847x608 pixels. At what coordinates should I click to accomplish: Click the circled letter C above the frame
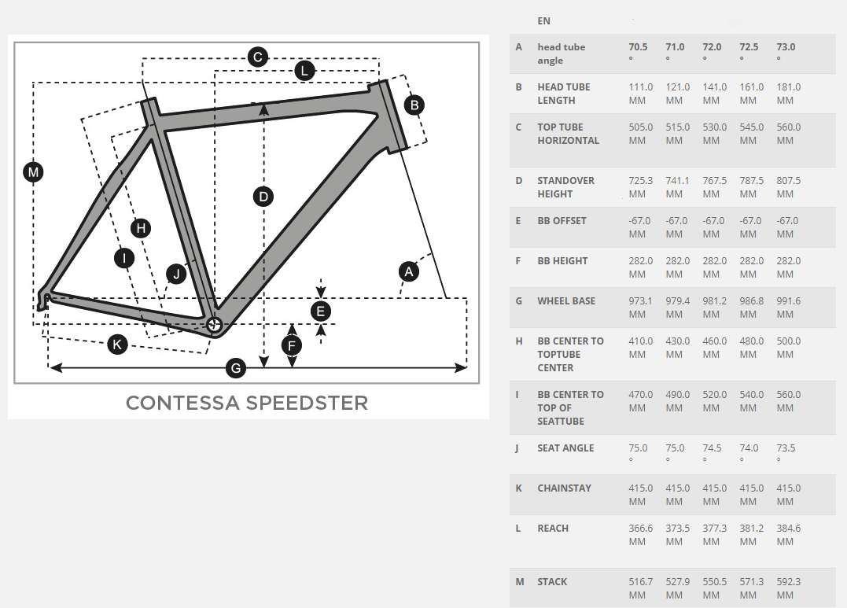click(258, 57)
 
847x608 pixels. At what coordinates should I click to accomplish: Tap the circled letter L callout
click(304, 71)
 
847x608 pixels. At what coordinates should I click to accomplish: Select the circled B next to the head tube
click(414, 105)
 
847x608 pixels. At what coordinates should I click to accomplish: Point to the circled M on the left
click(34, 172)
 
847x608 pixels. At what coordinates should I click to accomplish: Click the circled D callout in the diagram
click(263, 196)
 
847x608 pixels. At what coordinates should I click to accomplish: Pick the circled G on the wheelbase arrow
click(236, 369)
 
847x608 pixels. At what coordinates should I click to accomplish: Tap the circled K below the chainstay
click(117, 345)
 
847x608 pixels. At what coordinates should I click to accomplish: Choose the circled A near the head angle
click(409, 271)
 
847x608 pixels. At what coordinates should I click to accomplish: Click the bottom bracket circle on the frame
click(215, 324)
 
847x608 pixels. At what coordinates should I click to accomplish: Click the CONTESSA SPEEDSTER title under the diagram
click(247, 403)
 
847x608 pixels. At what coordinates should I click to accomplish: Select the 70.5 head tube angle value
click(638, 47)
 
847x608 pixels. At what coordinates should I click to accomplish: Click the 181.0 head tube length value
click(789, 87)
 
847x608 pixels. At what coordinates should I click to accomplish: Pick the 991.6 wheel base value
click(789, 301)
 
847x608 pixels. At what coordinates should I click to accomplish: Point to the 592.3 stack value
click(789, 582)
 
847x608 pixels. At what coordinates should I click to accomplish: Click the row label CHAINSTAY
click(564, 488)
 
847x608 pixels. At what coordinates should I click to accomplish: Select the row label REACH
click(553, 529)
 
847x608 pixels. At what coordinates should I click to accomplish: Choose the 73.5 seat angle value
click(786, 448)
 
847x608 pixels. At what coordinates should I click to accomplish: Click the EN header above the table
click(544, 21)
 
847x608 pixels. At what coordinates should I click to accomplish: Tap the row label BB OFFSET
click(562, 221)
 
